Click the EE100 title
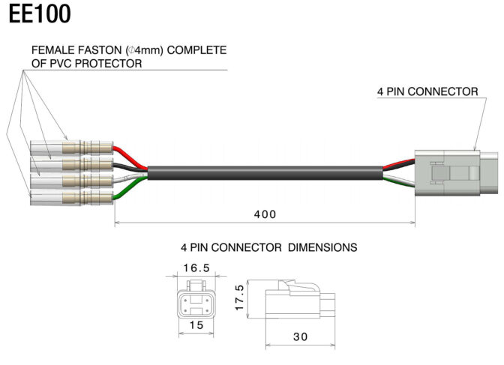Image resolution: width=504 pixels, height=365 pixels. click(40, 14)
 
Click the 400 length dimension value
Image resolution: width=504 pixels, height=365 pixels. click(265, 214)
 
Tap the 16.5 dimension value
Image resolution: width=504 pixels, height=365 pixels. click(196, 268)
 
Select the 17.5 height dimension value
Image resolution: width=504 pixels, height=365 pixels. click(240, 298)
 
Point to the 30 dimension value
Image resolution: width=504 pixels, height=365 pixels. click(301, 337)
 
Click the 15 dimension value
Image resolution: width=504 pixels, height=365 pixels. click(196, 325)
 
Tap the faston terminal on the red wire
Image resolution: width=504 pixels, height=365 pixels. click(71, 148)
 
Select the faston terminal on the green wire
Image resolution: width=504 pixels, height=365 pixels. click(71, 197)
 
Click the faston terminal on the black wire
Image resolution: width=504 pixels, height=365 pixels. click(71, 164)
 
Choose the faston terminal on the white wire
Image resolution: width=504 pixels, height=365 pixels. click(71, 181)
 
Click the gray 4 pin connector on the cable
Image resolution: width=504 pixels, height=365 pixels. click(457, 173)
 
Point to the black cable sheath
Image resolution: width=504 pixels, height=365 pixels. click(265, 173)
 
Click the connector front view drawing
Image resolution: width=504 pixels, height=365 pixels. click(196, 300)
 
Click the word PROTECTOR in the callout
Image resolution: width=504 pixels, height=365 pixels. click(108, 64)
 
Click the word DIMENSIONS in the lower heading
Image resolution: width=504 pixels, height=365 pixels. click(322, 247)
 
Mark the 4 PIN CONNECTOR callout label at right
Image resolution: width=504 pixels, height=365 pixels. click(427, 91)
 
